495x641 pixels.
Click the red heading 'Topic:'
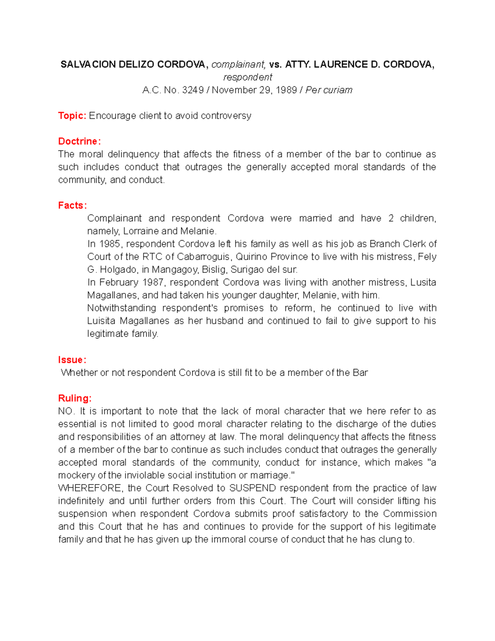[x=72, y=116]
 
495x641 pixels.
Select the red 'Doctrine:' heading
[x=79, y=141]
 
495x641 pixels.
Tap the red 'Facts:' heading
[x=72, y=205]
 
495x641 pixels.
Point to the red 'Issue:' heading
[x=72, y=360]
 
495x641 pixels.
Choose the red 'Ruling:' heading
[x=75, y=398]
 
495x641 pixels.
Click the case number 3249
[x=193, y=90]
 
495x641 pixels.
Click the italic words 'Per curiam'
[x=329, y=90]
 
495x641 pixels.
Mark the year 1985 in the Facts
[x=110, y=244]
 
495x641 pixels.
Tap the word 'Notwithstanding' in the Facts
[x=122, y=308]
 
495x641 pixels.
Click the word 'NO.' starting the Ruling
[x=66, y=411]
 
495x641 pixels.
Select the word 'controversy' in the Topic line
[x=226, y=116]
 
